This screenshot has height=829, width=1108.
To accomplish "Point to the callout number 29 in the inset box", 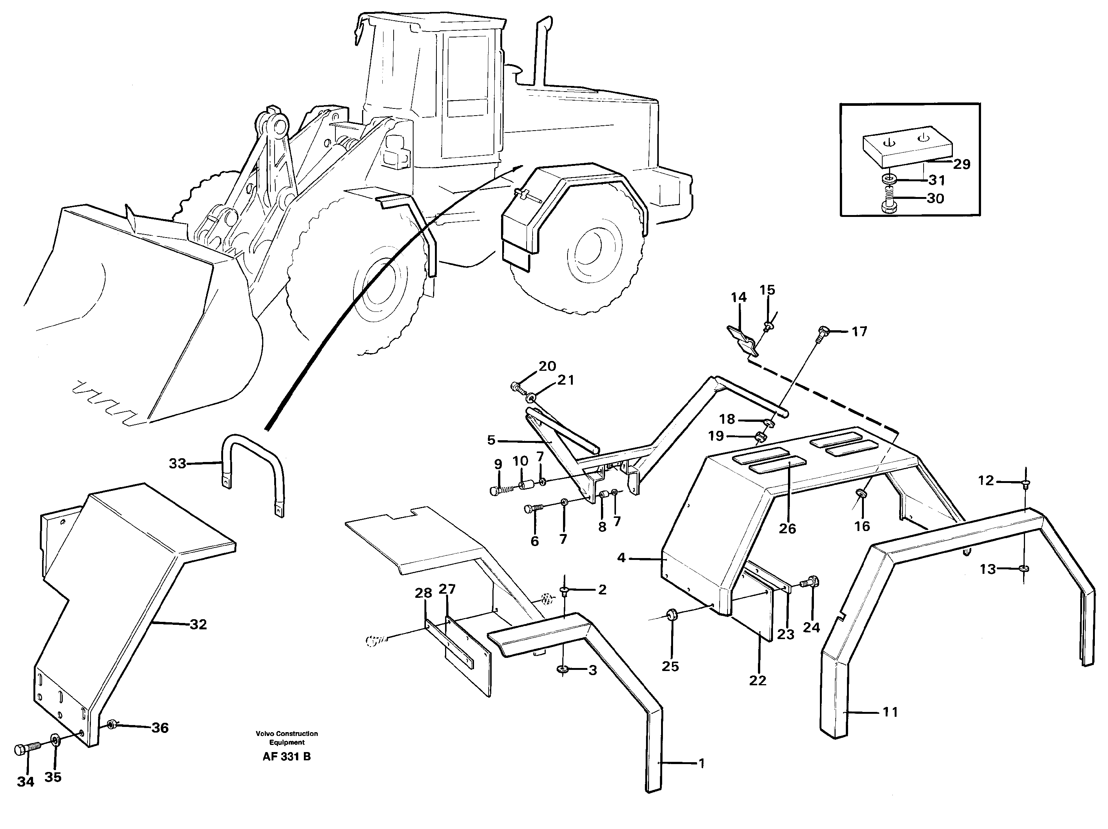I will [961, 164].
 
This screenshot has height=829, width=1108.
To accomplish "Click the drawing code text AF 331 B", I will [287, 757].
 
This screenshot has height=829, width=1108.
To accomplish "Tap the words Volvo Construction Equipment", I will [287, 738].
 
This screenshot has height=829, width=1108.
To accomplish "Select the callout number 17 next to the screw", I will [859, 331].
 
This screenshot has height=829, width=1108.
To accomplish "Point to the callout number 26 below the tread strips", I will [787, 529].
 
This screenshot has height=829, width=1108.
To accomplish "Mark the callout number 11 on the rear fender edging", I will [890, 712].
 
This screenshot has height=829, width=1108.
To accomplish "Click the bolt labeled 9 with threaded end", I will [500, 490].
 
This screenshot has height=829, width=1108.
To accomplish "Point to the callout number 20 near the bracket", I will [547, 366].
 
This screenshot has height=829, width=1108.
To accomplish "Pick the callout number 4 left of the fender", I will [621, 557].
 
